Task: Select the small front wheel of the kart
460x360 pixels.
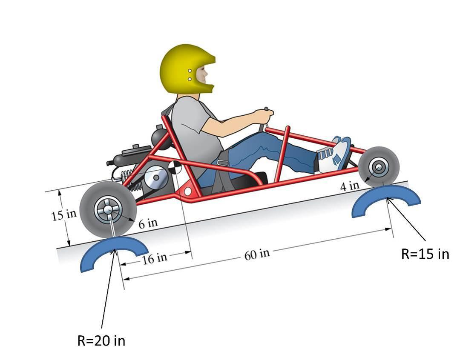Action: point(379,166)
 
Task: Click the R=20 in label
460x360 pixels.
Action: point(101,341)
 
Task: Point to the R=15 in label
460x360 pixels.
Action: point(425,254)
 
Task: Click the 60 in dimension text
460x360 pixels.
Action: point(257,254)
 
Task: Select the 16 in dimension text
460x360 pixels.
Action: point(155,258)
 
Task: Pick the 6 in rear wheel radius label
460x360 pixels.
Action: point(148,223)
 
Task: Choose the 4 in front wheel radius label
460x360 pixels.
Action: point(350,186)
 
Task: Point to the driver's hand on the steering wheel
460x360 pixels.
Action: point(264,116)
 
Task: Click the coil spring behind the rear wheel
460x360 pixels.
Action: point(129,179)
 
